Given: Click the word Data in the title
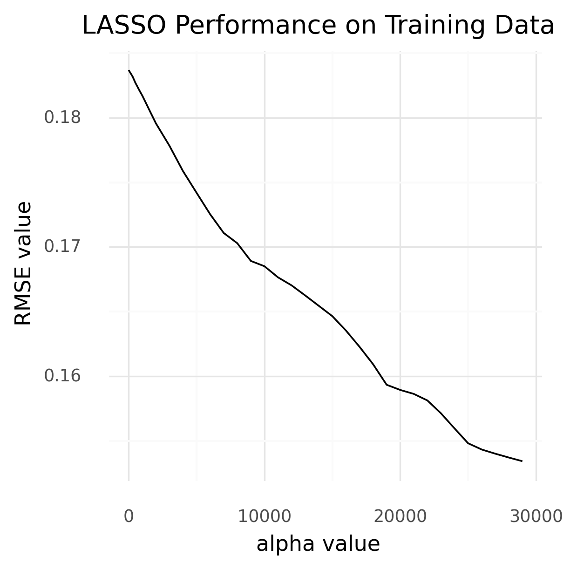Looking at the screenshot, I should (x=525, y=26).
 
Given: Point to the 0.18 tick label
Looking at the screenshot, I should (x=62, y=118).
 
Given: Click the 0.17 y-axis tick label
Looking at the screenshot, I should (x=62, y=246).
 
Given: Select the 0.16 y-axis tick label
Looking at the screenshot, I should (x=62, y=375).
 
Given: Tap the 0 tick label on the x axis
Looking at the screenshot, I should (x=129, y=516).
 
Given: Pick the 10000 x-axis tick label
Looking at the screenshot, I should (x=265, y=516).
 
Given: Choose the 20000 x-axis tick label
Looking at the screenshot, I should (x=400, y=516).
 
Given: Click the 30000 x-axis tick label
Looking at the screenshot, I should (x=536, y=516).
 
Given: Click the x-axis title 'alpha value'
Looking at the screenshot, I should (x=318, y=544).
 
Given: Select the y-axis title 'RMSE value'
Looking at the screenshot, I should (x=23, y=264).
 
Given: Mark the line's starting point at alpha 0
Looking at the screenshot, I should (x=129, y=70).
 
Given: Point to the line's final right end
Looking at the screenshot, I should (x=522, y=461).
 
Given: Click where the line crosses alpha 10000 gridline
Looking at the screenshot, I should (x=265, y=266).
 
